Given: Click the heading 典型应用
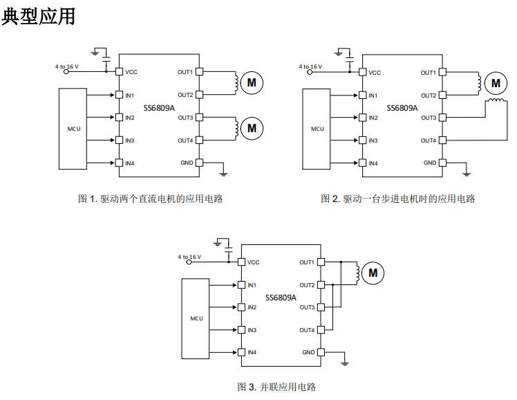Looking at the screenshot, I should [x=39, y=17].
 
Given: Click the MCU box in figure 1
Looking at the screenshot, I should [x=73, y=129].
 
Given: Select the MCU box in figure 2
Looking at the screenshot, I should [x=317, y=129].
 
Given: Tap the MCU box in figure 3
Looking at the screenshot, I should [x=196, y=318].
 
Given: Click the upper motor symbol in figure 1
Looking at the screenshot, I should [x=252, y=83].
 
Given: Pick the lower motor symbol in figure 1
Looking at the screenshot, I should [x=252, y=128].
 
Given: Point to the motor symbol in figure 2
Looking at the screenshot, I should [x=495, y=84].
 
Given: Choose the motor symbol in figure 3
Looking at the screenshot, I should [x=373, y=273].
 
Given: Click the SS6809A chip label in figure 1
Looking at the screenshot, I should [x=159, y=108].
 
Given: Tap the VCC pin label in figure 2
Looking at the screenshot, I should [x=374, y=72].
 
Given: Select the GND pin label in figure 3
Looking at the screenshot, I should [x=308, y=352].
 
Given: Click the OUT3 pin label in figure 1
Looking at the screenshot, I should [x=185, y=118].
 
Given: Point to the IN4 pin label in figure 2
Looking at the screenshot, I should [x=373, y=163].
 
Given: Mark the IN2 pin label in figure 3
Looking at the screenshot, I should [x=252, y=307].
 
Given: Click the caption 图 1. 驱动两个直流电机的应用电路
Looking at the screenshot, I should [x=151, y=199].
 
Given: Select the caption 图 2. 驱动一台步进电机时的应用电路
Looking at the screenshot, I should [x=398, y=199].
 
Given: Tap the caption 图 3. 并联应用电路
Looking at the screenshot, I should [x=276, y=387].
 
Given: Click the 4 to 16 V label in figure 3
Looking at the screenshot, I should [x=189, y=257].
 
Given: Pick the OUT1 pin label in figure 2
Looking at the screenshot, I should [x=429, y=72].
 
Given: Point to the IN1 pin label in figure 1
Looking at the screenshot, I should [x=129, y=95].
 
